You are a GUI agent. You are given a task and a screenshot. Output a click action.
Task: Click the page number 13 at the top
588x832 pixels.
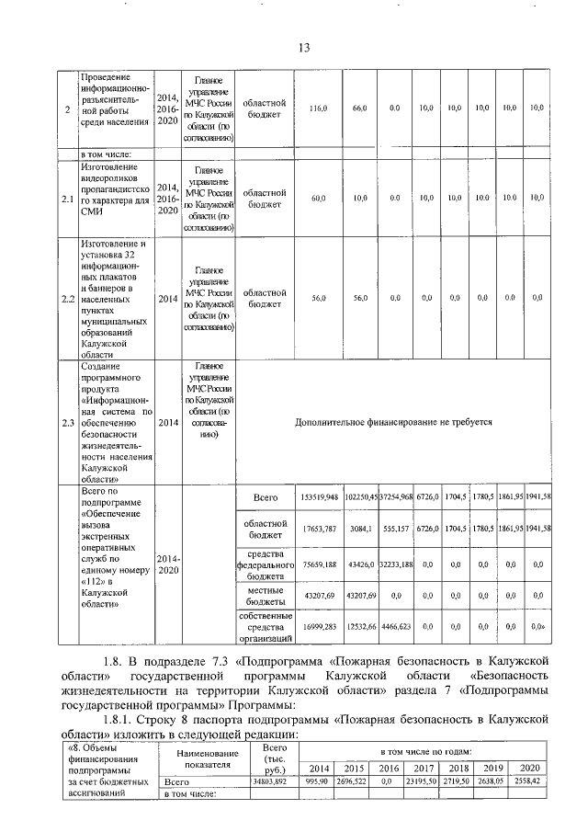305,48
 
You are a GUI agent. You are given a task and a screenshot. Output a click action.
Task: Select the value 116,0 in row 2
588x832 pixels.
318,108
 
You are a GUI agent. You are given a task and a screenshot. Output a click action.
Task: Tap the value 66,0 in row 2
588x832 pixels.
360,108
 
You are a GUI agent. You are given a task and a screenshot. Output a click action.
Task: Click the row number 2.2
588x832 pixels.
66,298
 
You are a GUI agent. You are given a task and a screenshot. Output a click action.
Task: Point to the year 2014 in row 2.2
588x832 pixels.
167,298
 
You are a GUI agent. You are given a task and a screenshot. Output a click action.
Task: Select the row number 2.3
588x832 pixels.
66,423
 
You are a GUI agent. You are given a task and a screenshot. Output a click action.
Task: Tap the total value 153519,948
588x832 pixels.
318,497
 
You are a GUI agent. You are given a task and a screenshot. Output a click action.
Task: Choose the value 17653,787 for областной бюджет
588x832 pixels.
318,530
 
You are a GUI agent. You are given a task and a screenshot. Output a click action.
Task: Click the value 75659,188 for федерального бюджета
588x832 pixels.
318,565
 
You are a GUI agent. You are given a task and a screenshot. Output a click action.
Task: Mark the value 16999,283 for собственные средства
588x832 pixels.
318,625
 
